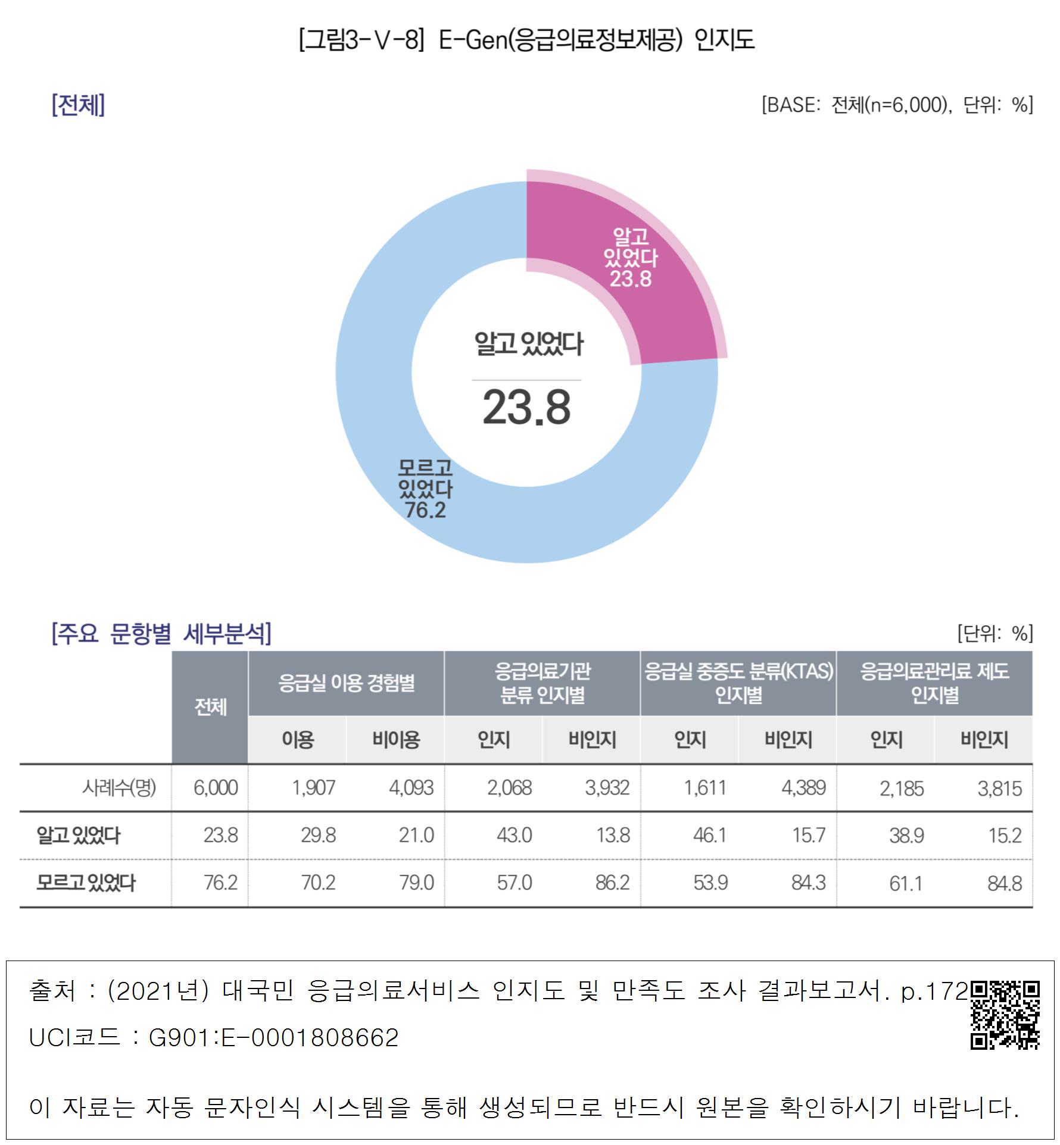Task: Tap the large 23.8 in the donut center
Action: tap(526, 408)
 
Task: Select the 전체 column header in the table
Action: tap(210, 707)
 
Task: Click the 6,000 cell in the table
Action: tap(216, 788)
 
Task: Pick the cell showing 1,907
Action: tap(313, 788)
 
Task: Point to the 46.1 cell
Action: tap(709, 836)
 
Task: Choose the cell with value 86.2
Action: tap(612, 883)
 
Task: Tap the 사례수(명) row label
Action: tap(119, 788)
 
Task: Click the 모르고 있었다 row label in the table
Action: tap(86, 883)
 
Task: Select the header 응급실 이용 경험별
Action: tap(346, 683)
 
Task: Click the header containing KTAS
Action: tap(738, 683)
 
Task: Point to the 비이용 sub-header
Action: tap(396, 740)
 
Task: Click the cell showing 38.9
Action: tap(906, 836)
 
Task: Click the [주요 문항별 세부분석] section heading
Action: tap(161, 633)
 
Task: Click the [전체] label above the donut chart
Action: tap(78, 105)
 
